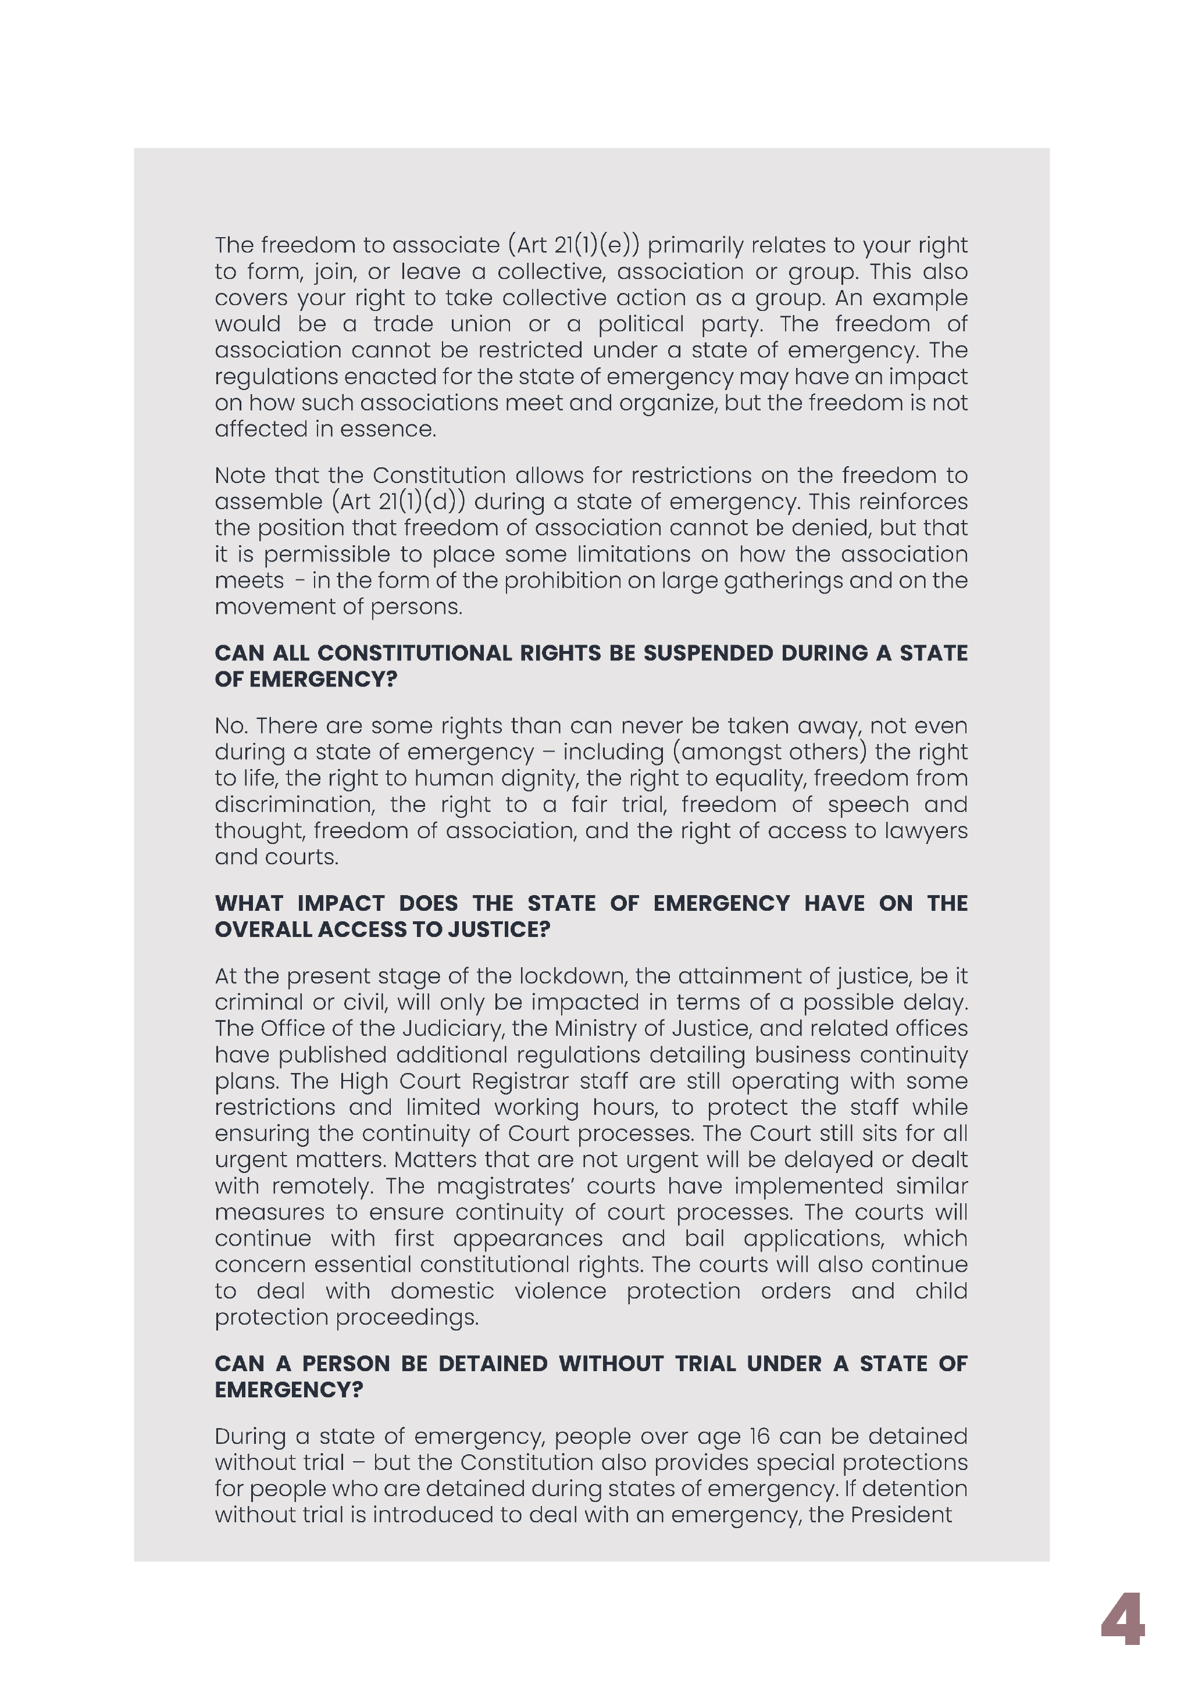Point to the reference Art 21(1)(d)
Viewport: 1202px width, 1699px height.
click(400, 502)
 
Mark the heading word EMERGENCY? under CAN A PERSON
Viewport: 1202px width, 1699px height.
click(288, 1390)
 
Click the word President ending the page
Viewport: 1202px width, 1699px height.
click(901, 1515)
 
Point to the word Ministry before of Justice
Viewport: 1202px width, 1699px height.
click(597, 1029)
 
